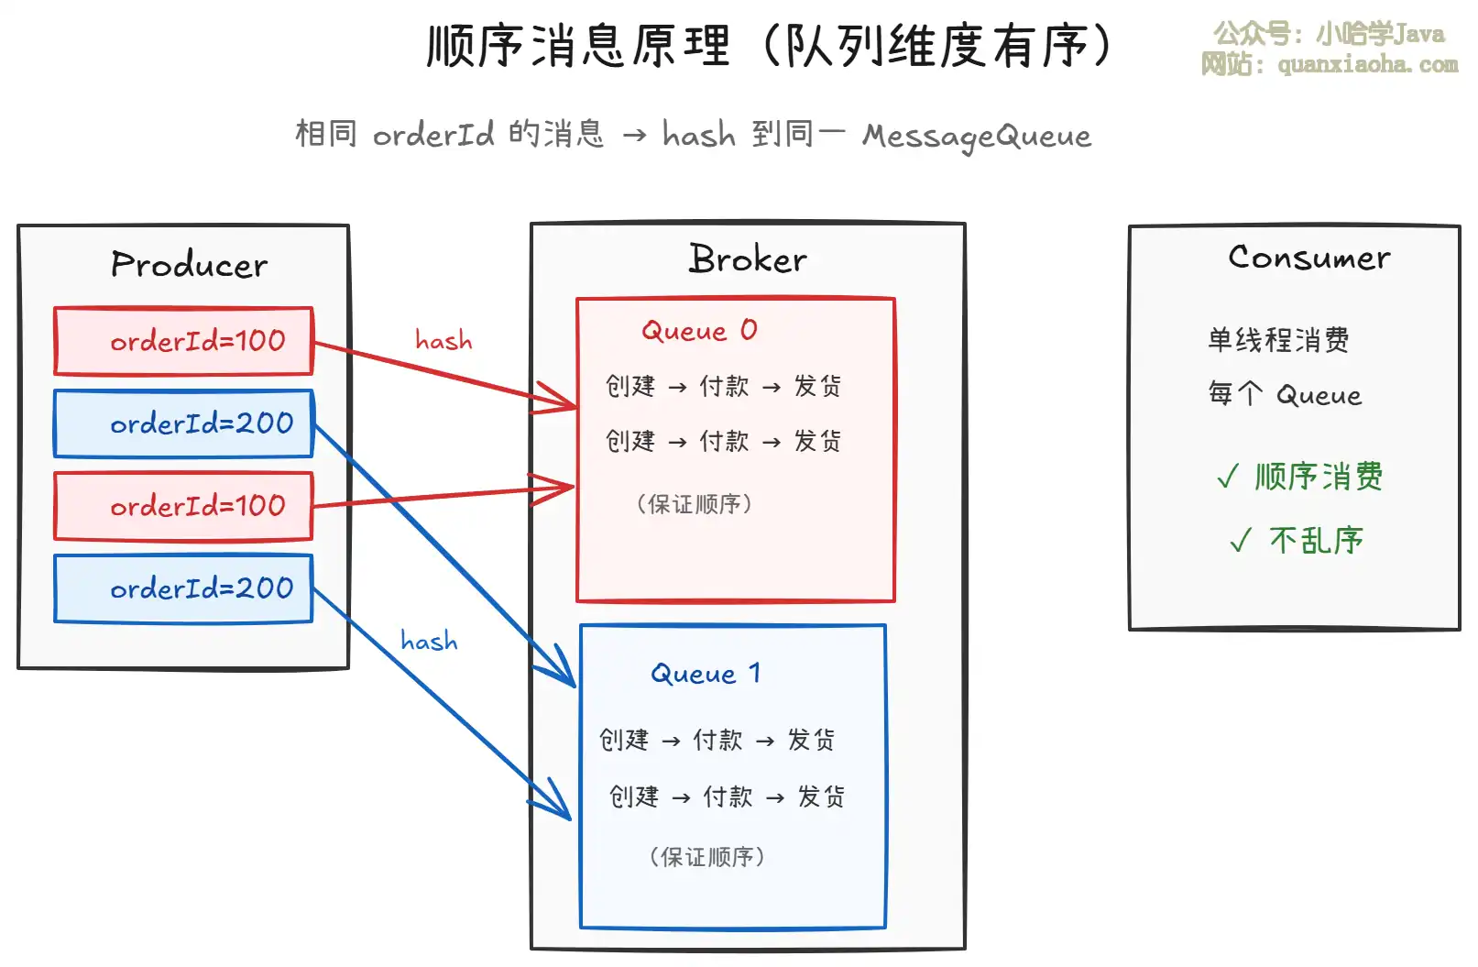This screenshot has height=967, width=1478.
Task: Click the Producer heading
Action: (189, 265)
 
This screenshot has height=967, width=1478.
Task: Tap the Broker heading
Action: (748, 259)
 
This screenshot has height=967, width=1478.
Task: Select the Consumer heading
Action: (1308, 258)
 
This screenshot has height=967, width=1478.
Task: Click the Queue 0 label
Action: (699, 330)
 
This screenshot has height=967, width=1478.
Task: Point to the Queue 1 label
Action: (706, 674)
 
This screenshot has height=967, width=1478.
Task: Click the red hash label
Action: (443, 341)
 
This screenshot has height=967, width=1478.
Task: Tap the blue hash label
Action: (429, 641)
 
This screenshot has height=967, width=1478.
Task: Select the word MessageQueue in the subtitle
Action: (977, 137)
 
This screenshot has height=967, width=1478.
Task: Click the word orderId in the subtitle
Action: (432, 135)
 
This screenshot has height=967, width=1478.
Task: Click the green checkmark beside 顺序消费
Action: (1227, 477)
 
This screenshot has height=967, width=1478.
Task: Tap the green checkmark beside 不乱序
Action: (1240, 541)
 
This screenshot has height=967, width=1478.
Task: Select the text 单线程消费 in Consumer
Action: (1278, 340)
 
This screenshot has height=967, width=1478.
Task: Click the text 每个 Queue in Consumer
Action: (1285, 395)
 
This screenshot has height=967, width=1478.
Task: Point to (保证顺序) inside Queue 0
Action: (695, 504)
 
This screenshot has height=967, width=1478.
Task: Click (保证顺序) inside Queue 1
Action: (706, 857)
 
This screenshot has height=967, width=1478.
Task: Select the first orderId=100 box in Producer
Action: (184, 341)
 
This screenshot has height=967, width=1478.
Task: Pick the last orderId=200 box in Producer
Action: (184, 588)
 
